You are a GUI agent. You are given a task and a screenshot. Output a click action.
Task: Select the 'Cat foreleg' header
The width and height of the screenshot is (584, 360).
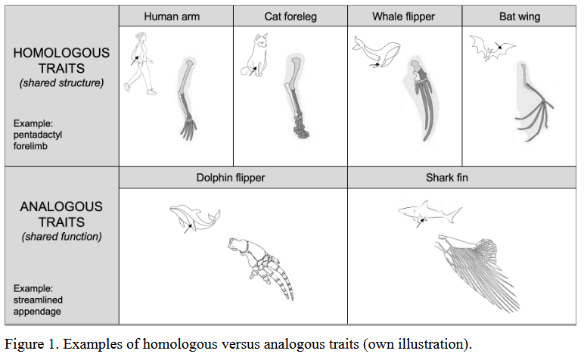[x=290, y=16]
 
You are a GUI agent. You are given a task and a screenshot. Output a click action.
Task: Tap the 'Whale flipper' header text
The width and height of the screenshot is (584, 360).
[x=404, y=16]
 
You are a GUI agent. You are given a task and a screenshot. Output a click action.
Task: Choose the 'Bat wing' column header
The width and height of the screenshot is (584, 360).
[x=519, y=16]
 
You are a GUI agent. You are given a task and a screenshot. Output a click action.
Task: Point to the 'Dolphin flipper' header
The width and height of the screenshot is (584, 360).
[x=233, y=178]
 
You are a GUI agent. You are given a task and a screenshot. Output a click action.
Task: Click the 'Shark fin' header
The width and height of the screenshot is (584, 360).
[x=461, y=178]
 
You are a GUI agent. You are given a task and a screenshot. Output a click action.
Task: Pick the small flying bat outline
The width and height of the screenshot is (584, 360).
[x=491, y=48]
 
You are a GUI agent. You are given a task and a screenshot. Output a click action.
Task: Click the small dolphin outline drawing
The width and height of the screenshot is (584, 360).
[x=194, y=217]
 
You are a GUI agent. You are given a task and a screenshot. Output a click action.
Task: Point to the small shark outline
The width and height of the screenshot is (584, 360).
[x=429, y=214]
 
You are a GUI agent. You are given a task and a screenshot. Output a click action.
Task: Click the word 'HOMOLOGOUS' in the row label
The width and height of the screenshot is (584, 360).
[x=62, y=53]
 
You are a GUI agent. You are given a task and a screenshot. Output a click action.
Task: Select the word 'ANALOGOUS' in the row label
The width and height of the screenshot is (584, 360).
[x=62, y=206]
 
